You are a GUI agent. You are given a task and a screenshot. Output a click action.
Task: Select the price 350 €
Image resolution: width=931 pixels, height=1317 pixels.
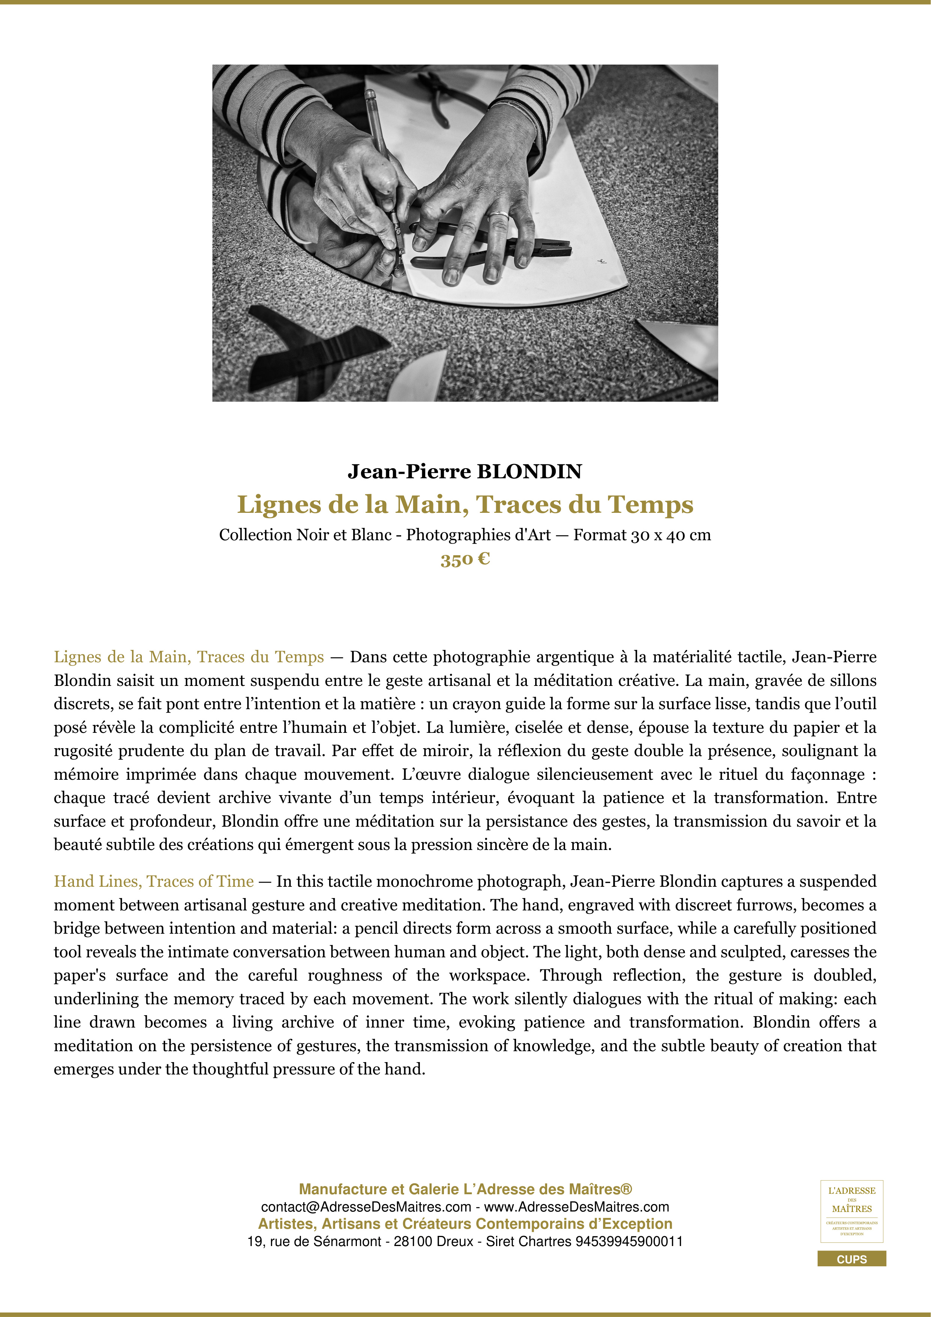click(x=465, y=559)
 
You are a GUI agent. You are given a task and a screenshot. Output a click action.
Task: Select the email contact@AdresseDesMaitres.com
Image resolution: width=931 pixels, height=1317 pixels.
click(x=366, y=1207)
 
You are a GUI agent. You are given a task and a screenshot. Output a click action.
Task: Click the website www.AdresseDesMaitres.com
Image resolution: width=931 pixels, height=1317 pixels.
click(x=577, y=1207)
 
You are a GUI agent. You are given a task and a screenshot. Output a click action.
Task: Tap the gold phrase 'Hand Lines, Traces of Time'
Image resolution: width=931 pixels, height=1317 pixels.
click(x=153, y=882)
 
